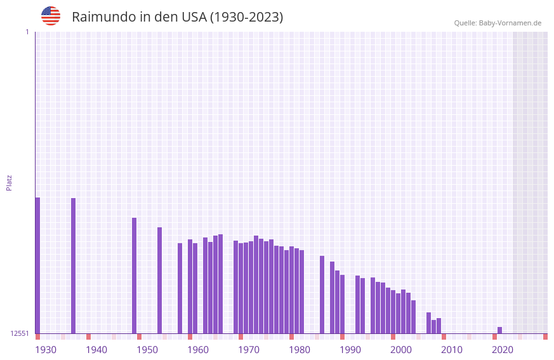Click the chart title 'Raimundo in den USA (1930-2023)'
click(x=177, y=17)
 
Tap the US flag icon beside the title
click(x=51, y=16)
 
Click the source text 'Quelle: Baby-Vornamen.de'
click(x=498, y=23)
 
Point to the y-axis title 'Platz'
click(x=9, y=182)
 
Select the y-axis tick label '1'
click(x=27, y=32)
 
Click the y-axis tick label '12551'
click(x=20, y=333)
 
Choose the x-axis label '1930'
click(x=46, y=350)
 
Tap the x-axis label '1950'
click(x=147, y=350)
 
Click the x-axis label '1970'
click(x=249, y=350)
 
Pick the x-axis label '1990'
click(x=350, y=350)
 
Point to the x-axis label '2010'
click(x=452, y=350)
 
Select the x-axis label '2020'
click(x=503, y=350)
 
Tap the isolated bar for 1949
click(x=134, y=276)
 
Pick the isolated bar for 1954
click(x=159, y=280)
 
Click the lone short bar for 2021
click(x=499, y=330)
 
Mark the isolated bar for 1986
click(x=322, y=295)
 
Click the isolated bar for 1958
click(x=180, y=288)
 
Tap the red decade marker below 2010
click(x=444, y=337)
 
